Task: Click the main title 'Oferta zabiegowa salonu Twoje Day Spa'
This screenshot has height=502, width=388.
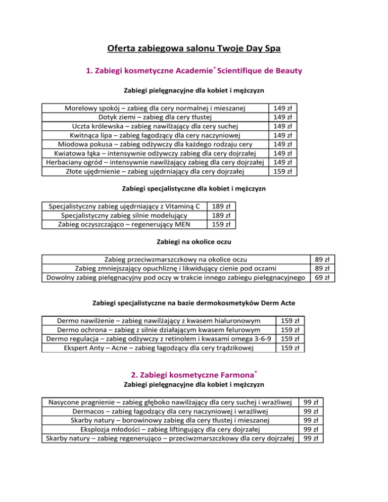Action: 193,49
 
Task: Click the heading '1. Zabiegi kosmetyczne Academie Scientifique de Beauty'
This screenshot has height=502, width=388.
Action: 194,71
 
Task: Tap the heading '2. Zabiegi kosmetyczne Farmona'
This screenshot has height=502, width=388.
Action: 194,374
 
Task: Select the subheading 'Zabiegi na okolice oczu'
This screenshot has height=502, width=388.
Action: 194,241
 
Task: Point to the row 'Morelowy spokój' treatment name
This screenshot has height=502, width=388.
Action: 155,108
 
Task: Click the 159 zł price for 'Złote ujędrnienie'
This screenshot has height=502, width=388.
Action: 282,171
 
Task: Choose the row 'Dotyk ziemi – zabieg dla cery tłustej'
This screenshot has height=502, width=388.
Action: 155,117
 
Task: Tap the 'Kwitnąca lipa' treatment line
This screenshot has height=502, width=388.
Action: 155,135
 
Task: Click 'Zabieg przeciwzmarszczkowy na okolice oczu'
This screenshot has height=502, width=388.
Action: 175,259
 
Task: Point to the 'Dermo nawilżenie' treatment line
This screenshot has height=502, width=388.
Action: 159,320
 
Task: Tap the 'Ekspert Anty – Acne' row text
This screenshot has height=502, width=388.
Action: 159,347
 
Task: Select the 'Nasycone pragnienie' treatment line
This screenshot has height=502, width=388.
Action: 169,402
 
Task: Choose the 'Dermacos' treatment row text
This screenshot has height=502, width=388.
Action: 169,411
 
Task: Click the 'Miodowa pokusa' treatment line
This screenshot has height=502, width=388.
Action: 155,144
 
